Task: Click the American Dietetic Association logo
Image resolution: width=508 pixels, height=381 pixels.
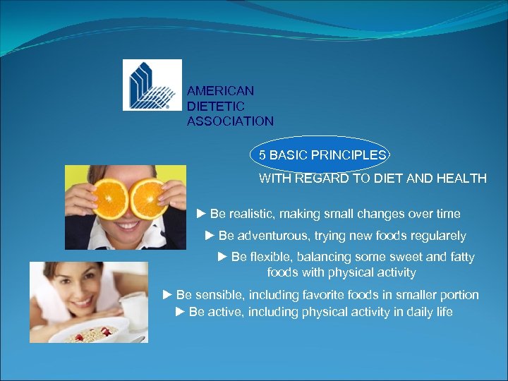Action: tap(152, 85)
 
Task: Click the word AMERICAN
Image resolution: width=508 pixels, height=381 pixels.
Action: tap(220, 91)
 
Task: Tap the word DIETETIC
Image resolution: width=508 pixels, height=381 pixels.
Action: tap(215, 106)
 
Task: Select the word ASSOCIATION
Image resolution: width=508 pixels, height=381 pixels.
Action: tap(230, 121)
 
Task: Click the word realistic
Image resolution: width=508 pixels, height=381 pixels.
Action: tap(253, 214)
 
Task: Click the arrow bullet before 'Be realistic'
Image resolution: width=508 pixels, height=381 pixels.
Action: tap(201, 214)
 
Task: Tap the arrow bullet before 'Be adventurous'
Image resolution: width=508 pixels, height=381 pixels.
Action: tap(210, 236)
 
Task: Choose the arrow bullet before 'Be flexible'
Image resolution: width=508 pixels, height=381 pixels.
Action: tap(222, 258)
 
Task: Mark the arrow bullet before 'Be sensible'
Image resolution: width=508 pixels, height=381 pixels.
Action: tap(167, 295)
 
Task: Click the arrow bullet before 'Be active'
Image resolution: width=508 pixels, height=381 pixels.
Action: tap(180, 312)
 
